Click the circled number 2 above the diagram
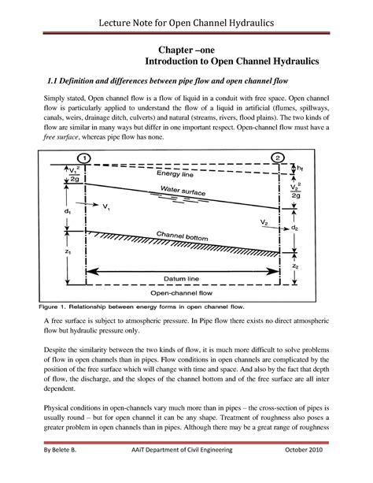click(x=280, y=158)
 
